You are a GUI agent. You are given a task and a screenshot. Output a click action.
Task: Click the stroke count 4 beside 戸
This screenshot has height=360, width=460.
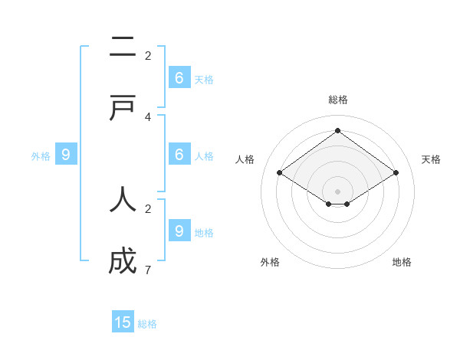[148, 116]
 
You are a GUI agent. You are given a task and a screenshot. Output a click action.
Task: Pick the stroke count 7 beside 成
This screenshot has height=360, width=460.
[148, 270]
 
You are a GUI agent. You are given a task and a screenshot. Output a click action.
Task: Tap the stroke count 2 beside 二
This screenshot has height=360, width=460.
[148, 55]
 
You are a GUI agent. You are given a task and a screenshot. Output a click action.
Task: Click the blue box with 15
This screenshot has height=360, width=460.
[123, 322]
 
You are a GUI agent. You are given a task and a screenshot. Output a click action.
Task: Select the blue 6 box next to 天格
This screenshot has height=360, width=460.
[179, 77]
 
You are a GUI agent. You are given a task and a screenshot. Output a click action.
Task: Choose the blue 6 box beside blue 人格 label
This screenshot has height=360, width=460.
[179, 154]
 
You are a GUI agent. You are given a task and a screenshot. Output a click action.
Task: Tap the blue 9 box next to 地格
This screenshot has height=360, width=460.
[179, 231]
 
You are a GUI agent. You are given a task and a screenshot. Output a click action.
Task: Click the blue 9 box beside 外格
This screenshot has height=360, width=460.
[66, 154]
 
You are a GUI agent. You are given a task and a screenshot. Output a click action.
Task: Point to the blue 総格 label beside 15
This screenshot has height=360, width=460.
[147, 324]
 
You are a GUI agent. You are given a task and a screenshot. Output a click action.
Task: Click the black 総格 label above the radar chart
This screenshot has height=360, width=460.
[338, 100]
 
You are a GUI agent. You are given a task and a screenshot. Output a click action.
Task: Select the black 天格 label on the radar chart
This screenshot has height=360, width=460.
[432, 159]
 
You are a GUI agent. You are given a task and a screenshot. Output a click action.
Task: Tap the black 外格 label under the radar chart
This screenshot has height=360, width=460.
[270, 262]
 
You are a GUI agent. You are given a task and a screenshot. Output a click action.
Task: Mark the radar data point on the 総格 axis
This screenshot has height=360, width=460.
[337, 130]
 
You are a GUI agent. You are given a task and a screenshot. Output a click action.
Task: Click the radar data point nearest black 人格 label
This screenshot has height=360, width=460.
[279, 173]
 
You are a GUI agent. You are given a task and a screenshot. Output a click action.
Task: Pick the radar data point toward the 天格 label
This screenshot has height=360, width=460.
[396, 173]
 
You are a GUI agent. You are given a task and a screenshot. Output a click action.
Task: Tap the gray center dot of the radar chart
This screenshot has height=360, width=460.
[337, 191]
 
